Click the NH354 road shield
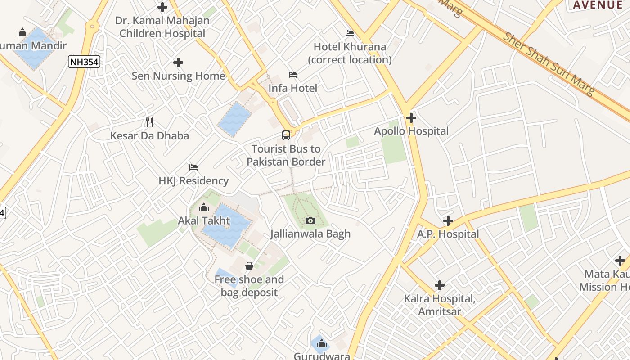pyautogui.click(x=84, y=62)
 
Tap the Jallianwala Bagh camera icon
pyautogui.click(x=310, y=220)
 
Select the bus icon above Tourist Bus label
pyautogui.click(x=286, y=135)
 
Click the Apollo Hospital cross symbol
pyautogui.click(x=411, y=118)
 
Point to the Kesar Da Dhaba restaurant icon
pyautogui.click(x=149, y=122)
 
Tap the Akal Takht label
pyautogui.click(x=204, y=221)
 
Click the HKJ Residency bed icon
pyautogui.click(x=193, y=167)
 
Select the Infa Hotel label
pyautogui.click(x=293, y=88)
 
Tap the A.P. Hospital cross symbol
pyautogui.click(x=448, y=221)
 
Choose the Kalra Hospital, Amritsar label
pyautogui.click(x=440, y=305)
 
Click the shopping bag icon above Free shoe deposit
pyautogui.click(x=249, y=266)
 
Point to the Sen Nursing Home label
pyautogui.click(x=178, y=76)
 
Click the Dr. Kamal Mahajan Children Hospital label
pyautogui.click(x=162, y=27)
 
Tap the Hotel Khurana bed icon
pyautogui.click(x=349, y=33)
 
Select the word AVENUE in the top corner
pyautogui.click(x=597, y=5)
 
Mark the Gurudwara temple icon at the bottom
pyautogui.click(x=321, y=345)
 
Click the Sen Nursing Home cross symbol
pyautogui.click(x=178, y=63)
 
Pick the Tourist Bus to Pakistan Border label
pyautogui.click(x=286, y=155)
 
